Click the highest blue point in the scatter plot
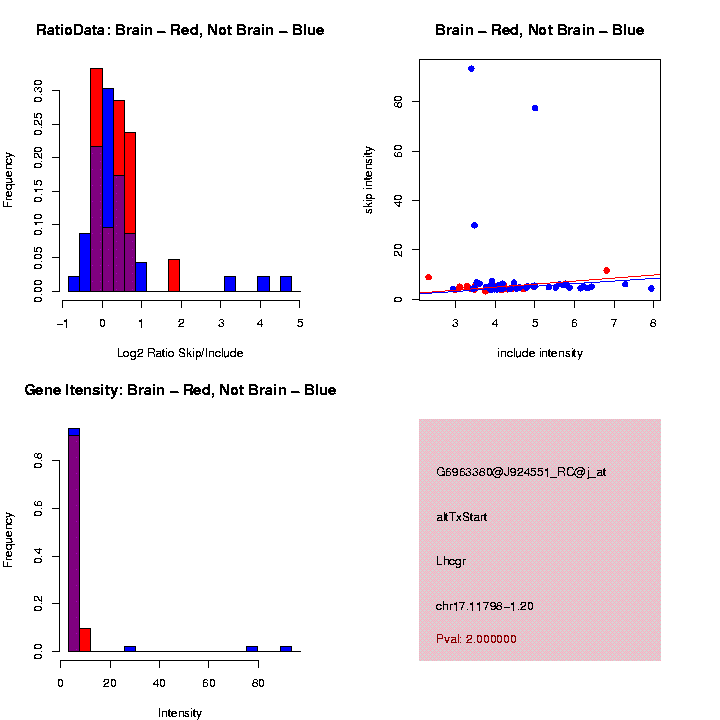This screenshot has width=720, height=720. [x=471, y=69]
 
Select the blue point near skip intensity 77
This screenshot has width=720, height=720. [x=535, y=108]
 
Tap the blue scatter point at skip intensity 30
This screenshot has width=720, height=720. [x=474, y=225]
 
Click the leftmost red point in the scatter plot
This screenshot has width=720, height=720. [x=428, y=277]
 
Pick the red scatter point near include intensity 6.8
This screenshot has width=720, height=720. [x=606, y=270]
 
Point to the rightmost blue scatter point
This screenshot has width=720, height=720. [x=651, y=288]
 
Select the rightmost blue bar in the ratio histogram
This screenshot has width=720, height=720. [x=286, y=284]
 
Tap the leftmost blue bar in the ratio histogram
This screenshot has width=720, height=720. [x=73, y=284]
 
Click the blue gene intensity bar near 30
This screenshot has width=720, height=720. [x=130, y=648]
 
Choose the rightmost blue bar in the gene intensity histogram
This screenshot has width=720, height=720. [x=286, y=648]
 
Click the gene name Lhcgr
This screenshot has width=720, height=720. [x=451, y=561]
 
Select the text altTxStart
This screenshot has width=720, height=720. [x=462, y=517]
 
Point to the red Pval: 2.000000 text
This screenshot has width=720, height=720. [x=476, y=639]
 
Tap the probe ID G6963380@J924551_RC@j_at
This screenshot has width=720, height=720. [x=521, y=472]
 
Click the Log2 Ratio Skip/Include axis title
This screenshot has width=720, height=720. [x=180, y=352]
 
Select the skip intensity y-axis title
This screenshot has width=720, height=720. [x=369, y=179]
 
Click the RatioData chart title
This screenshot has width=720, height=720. [x=180, y=31]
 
